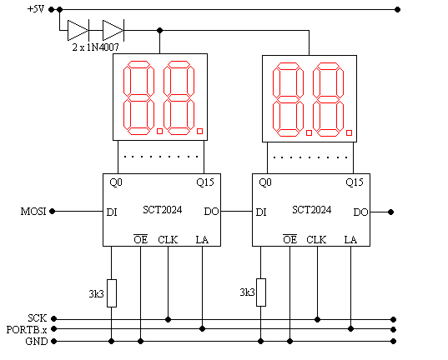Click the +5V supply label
pyautogui.click(x=36, y=9)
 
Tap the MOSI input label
pyautogui.click(x=33, y=212)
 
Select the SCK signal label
pyautogui.click(x=38, y=318)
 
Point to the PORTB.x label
pyautogui.click(x=27, y=330)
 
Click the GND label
pyautogui.click(x=37, y=341)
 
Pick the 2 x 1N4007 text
pyautogui.click(x=95, y=47)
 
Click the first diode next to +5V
pyautogui.click(x=78, y=30)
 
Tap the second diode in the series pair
pyautogui.click(x=113, y=30)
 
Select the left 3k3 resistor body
pyautogui.click(x=112, y=293)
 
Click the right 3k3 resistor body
pyautogui.click(x=261, y=292)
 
